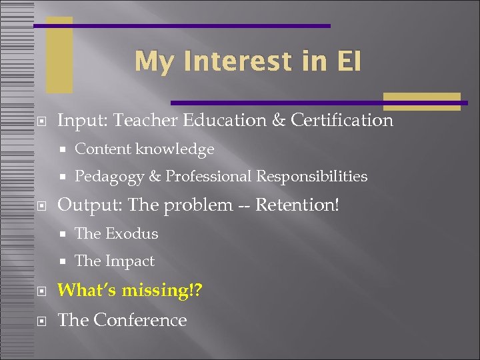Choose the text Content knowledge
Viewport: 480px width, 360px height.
[x=144, y=149]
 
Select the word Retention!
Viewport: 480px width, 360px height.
[x=298, y=205]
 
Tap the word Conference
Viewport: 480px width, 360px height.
[x=140, y=320]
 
